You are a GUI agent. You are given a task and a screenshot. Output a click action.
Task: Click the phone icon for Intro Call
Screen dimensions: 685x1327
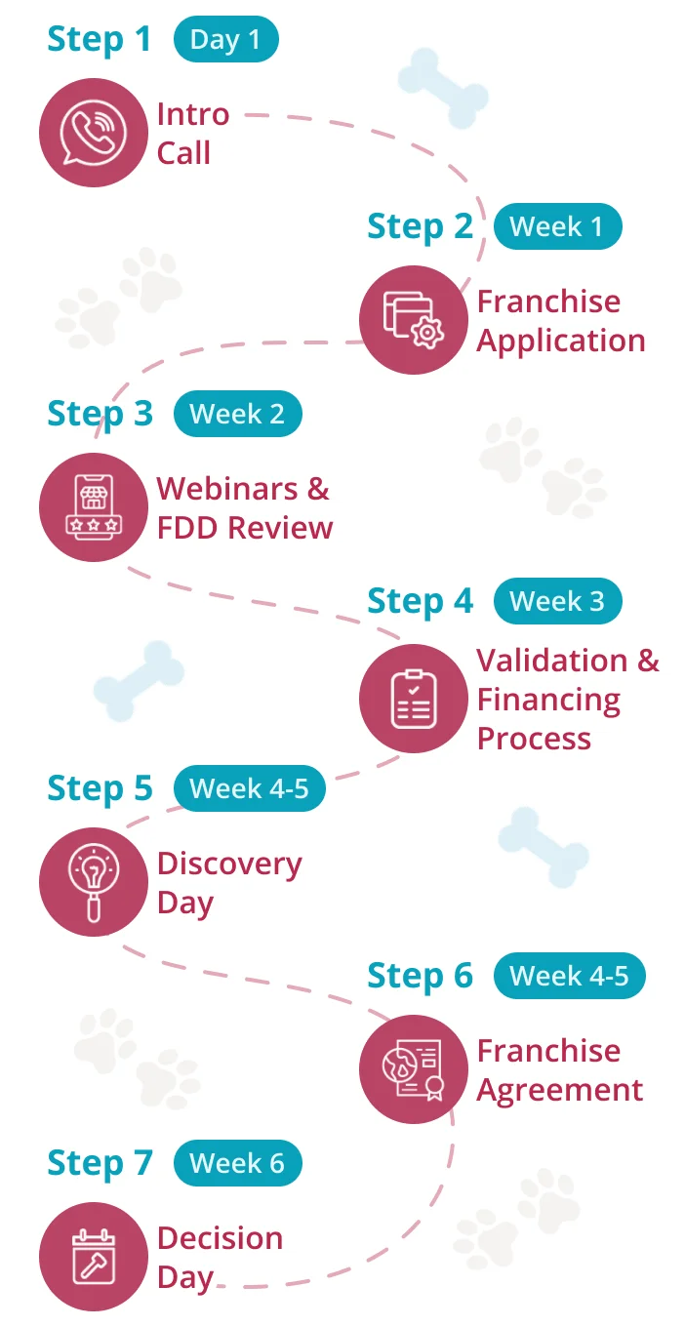(94, 133)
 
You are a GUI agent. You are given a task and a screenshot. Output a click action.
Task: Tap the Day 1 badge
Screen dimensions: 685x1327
(225, 39)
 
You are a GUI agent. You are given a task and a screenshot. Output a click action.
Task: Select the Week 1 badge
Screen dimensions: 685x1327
(557, 226)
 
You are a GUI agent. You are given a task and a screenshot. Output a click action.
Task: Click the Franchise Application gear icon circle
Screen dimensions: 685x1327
(414, 320)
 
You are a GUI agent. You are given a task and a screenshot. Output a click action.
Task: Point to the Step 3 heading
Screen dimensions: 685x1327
(100, 414)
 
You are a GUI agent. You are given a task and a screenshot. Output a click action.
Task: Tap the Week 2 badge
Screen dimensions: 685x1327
(238, 414)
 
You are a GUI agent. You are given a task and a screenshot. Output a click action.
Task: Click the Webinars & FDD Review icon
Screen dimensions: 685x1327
(94, 507)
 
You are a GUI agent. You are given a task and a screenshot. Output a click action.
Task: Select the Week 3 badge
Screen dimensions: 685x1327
(557, 601)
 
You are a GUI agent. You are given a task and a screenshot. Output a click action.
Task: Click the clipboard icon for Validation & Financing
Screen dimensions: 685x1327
(414, 699)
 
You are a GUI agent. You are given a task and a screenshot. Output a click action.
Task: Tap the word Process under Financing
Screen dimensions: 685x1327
(534, 739)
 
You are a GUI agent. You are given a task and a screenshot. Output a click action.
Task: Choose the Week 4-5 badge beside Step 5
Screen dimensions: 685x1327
(250, 788)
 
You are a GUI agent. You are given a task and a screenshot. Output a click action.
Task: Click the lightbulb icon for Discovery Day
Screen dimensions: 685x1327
(94, 882)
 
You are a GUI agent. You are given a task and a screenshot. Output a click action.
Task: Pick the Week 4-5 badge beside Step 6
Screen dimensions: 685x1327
(570, 976)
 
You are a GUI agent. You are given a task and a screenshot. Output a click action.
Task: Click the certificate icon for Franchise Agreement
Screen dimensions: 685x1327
(414, 1069)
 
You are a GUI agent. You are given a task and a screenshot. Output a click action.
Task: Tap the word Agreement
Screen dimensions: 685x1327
(560, 1091)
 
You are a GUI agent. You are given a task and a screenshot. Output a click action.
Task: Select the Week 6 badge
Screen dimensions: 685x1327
(238, 1163)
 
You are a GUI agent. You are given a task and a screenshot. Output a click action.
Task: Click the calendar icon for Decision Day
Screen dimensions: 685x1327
(94, 1257)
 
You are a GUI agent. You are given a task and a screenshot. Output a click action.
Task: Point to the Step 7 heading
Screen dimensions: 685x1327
(100, 1163)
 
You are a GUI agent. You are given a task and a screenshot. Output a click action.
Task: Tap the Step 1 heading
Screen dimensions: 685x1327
(99, 40)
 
